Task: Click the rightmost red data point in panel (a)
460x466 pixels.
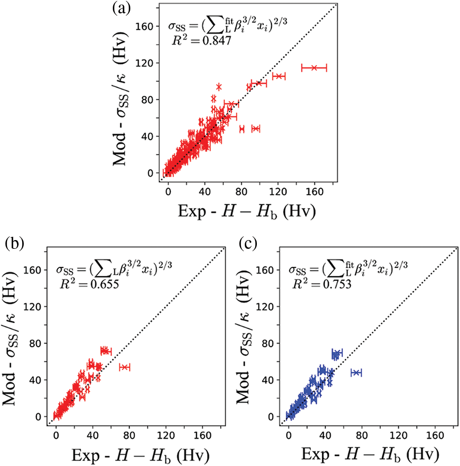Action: (314, 68)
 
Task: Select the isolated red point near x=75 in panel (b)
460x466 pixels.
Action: (124, 367)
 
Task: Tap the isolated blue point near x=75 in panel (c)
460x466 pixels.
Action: (356, 372)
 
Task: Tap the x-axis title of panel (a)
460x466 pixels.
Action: (246, 211)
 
